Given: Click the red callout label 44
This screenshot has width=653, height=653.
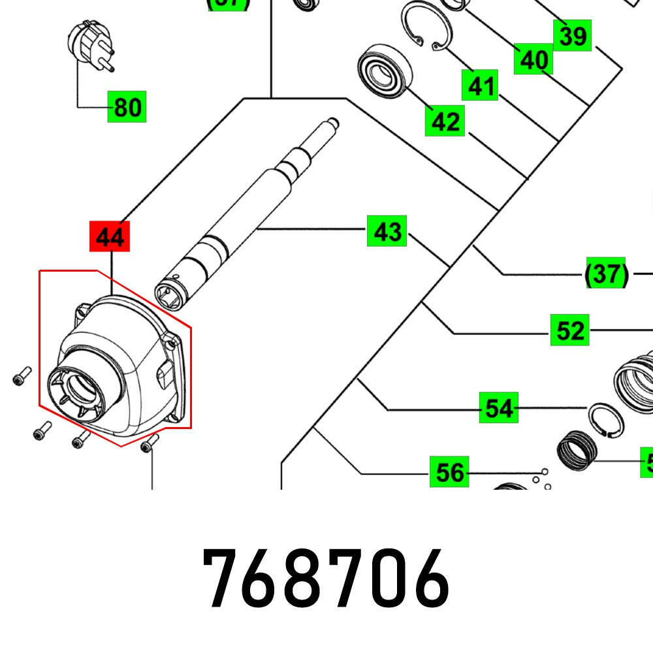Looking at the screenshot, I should point(110,236).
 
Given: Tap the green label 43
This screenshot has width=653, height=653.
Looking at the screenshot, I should point(387,231).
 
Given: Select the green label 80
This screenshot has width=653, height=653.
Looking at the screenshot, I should point(127,106).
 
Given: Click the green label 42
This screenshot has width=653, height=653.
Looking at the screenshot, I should point(445,121).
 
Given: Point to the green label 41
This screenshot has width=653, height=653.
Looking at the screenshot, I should point(480,85).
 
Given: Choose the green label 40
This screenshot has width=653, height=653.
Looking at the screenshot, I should point(534,59).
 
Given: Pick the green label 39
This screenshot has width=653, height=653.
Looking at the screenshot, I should point(572,36).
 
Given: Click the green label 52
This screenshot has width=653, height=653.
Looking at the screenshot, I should point(569,330).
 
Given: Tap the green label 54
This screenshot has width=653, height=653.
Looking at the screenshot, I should point(498,408).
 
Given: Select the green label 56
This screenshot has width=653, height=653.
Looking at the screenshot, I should point(449,471).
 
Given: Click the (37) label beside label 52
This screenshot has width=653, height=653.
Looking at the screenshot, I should point(606,273).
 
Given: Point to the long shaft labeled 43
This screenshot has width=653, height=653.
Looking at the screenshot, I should point(248,209).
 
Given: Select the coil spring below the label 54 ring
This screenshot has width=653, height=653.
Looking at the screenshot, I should point(576,450).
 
